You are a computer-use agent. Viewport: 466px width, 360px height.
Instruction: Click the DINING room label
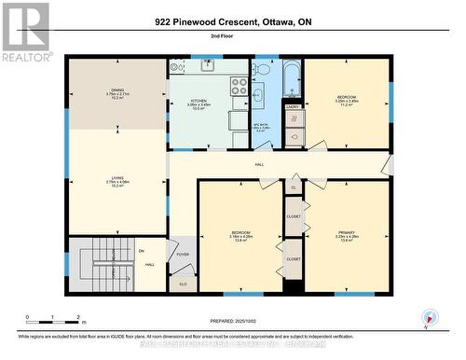[x=116, y=90]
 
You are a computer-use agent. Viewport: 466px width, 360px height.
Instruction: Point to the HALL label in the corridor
[x=259, y=165]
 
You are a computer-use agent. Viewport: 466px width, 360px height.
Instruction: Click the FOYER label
[x=184, y=253]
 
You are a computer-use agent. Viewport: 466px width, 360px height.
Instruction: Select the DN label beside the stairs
[x=142, y=250]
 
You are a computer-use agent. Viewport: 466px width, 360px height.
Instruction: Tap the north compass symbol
[x=428, y=316]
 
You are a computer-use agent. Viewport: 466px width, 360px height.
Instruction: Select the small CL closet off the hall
[x=293, y=187]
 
